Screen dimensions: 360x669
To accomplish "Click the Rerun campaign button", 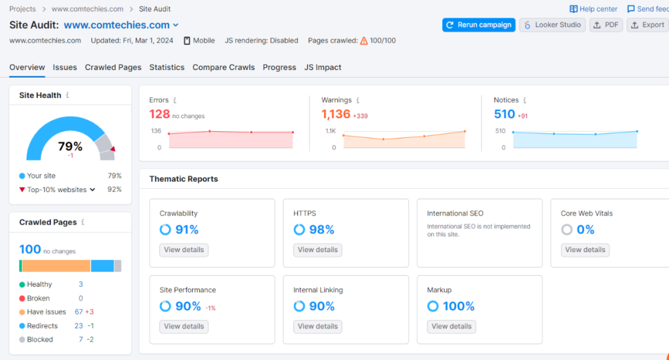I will click(x=478, y=25).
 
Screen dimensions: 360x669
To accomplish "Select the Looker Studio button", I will click(x=553, y=25).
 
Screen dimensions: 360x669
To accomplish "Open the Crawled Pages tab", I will click(x=113, y=67).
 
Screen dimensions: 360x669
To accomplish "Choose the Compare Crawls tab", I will click(x=223, y=67).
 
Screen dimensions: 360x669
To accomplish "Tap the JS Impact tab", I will click(x=323, y=67).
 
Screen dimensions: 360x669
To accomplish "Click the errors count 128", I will click(x=159, y=114).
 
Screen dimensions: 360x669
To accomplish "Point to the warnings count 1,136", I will click(x=336, y=114).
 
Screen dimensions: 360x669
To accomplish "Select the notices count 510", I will click(x=504, y=114).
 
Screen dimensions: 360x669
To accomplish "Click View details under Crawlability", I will click(x=184, y=250).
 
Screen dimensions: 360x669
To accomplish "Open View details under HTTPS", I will click(x=318, y=250).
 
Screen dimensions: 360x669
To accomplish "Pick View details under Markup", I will click(x=451, y=326).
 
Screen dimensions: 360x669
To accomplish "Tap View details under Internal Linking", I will click(x=318, y=326).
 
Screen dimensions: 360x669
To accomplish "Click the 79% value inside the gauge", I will click(x=70, y=146).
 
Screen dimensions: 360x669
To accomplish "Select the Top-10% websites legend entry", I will click(x=57, y=189).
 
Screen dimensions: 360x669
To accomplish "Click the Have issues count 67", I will click(x=78, y=312).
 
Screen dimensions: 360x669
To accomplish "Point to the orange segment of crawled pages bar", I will click(x=56, y=266).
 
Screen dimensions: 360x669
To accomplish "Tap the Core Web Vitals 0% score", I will click(x=585, y=229).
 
